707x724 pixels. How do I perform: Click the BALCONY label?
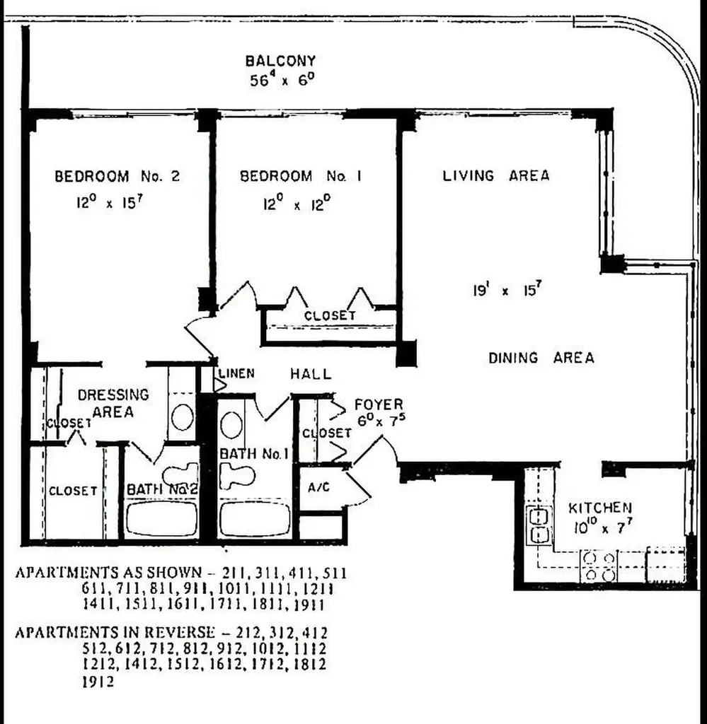(x=280, y=62)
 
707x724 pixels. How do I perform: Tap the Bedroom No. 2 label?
(x=117, y=176)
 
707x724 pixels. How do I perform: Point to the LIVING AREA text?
(x=495, y=175)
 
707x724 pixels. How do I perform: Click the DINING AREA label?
(x=541, y=358)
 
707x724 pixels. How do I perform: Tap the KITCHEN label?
(x=600, y=508)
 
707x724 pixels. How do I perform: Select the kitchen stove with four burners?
(x=599, y=566)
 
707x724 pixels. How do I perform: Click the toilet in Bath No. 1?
(x=236, y=475)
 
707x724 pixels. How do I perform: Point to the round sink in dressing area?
(x=183, y=416)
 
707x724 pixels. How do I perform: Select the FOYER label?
(x=379, y=404)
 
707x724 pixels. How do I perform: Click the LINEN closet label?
(x=236, y=373)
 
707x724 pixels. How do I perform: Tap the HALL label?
(x=310, y=374)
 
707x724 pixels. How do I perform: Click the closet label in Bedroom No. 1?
(x=329, y=315)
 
